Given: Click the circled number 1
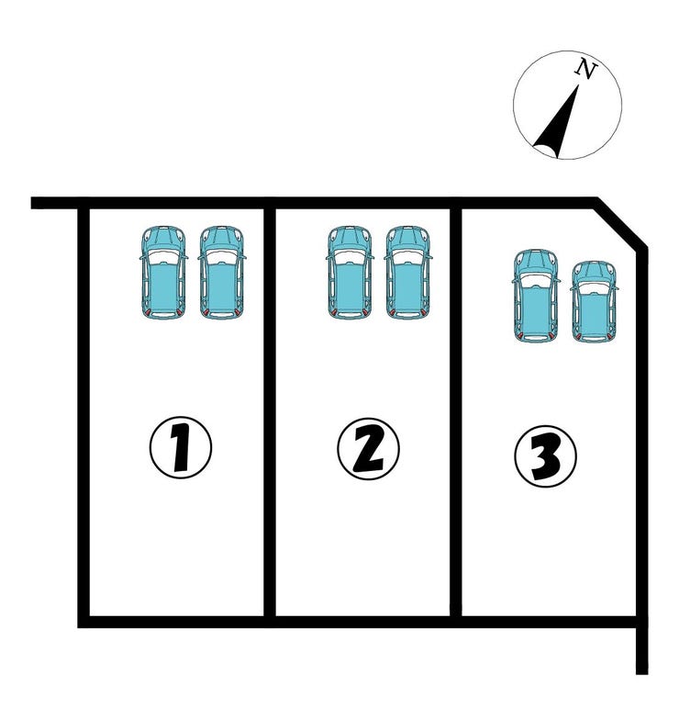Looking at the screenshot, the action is click(180, 447).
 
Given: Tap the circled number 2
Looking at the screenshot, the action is click(368, 449).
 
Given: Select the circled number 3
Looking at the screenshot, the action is click(545, 456).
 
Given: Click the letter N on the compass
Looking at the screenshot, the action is click(586, 69).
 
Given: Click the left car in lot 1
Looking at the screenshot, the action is click(163, 273).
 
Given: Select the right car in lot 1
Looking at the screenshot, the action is click(222, 273).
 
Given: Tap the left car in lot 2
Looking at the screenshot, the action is click(350, 273).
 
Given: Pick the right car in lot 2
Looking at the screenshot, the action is click(407, 273).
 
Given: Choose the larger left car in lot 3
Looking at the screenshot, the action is click(536, 296).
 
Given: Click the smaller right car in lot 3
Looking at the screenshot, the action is click(595, 302).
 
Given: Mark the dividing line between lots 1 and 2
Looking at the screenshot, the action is click(270, 412).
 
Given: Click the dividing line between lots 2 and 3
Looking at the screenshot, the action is click(455, 412).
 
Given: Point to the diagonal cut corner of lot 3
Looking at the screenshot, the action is click(622, 224).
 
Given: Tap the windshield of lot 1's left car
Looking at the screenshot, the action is click(163, 257).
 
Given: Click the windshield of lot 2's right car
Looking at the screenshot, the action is click(407, 257).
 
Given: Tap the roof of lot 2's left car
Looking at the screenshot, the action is click(350, 288).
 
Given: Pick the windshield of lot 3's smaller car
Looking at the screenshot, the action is click(595, 288).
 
